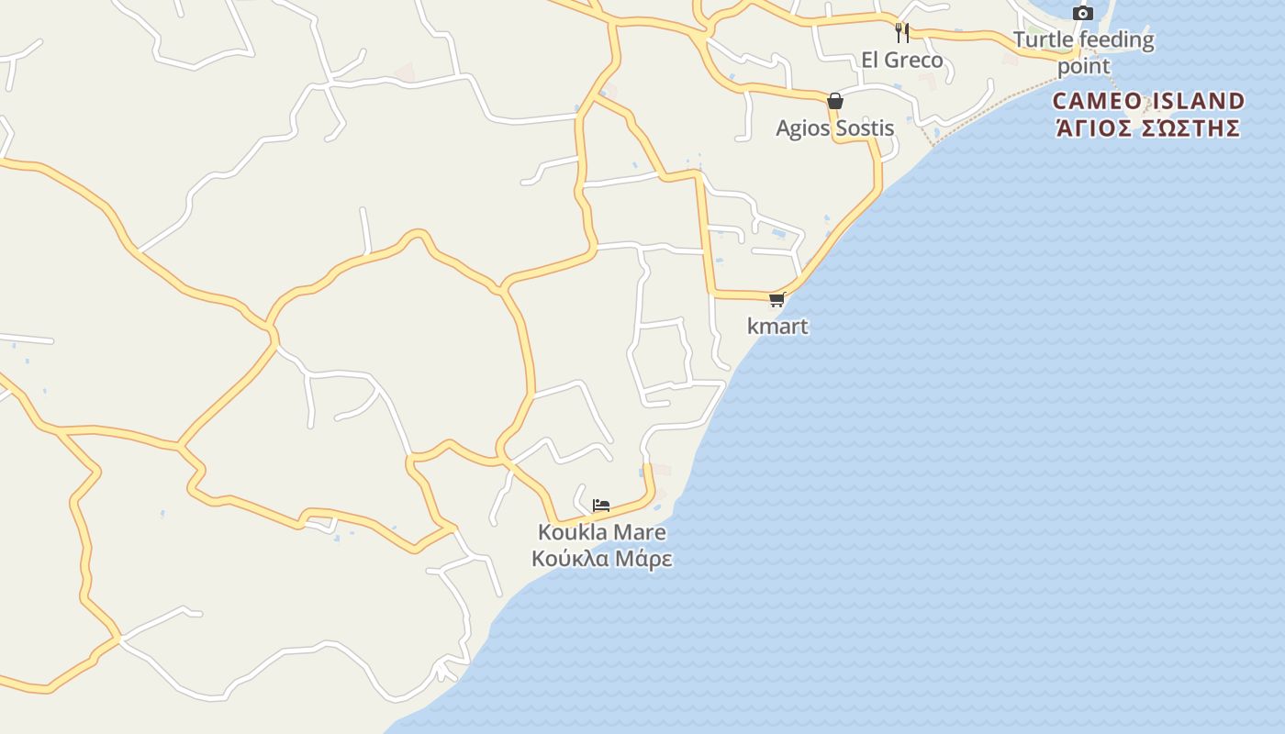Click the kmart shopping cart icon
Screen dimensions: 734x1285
[777, 299]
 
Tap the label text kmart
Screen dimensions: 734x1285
[777, 326]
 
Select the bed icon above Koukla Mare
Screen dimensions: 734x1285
[601, 506]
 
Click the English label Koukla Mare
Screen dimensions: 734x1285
[601, 532]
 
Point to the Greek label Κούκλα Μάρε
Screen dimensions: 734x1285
[601, 559]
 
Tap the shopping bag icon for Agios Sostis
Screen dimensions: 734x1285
[835, 101]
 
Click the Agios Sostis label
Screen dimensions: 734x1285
[834, 128]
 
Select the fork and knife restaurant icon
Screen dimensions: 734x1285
[902, 33]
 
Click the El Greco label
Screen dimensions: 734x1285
[901, 60]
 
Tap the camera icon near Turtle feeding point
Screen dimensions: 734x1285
[1083, 13]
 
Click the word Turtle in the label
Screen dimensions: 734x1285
[1042, 39]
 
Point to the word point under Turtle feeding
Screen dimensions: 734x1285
[1084, 66]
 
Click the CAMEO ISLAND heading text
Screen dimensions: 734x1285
[1148, 100]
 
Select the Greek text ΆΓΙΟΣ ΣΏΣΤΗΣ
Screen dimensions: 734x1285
[1148, 128]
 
